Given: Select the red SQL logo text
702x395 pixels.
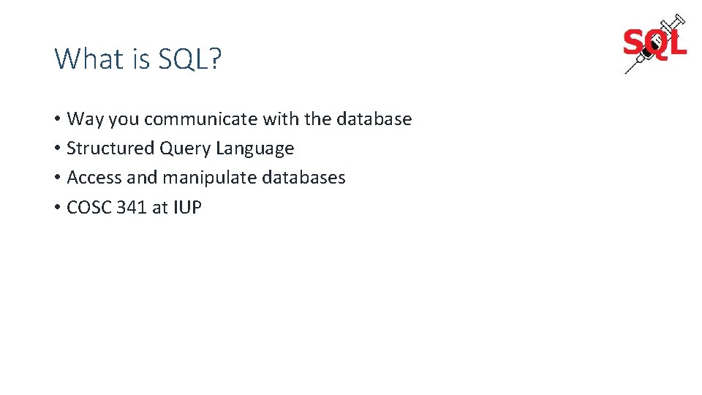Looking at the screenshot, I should (654, 44).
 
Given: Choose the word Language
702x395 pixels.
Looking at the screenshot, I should (255, 148).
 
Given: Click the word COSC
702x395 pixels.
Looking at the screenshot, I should (88, 207).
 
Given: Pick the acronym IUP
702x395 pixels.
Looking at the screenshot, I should (187, 207).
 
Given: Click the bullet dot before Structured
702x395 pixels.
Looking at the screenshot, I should (57, 148).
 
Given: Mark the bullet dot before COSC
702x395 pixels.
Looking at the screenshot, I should (57, 208).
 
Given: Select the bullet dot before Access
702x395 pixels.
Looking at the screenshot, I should (57, 178).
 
